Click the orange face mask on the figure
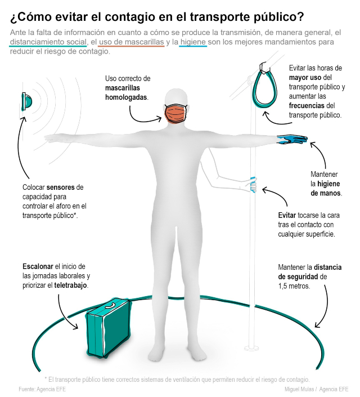point(176,114)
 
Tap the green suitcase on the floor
point(108,328)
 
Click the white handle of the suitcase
point(110,305)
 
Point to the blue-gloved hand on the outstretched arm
point(292,140)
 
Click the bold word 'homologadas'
point(126,97)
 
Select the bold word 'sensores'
point(60,188)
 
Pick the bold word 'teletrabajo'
point(70,286)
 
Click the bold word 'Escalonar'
point(38,266)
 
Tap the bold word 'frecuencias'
point(307,105)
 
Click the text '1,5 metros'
point(294,286)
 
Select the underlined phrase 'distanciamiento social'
point(48,42)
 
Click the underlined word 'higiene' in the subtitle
point(193,42)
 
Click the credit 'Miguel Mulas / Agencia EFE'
point(317,389)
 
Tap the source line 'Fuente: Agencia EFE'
point(42,389)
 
